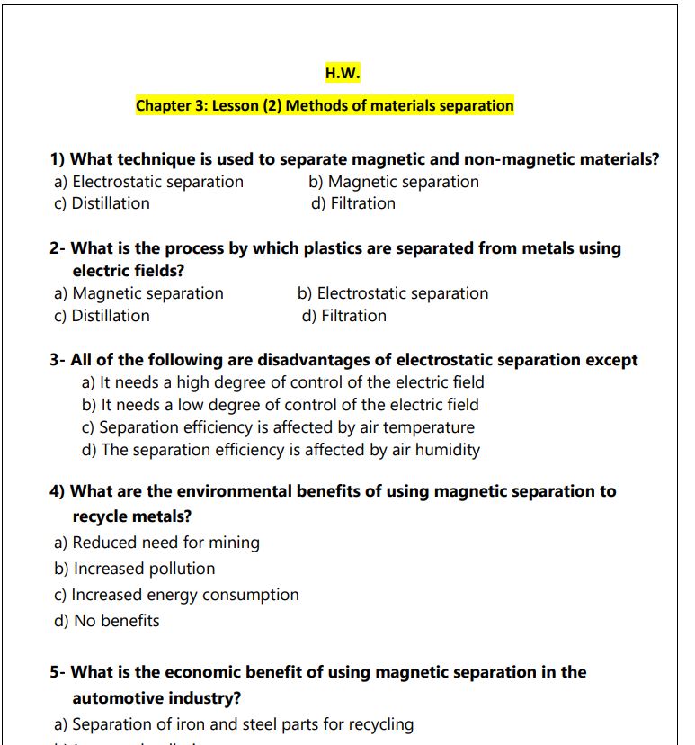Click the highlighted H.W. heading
(x=343, y=73)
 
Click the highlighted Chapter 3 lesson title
(x=325, y=105)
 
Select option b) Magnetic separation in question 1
(x=394, y=182)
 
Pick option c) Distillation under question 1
(x=102, y=203)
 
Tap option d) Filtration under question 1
(x=353, y=203)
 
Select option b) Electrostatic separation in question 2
(x=393, y=293)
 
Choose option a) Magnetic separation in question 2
(x=139, y=293)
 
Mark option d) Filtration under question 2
(x=344, y=316)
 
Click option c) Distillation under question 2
(x=102, y=316)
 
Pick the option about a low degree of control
(x=280, y=405)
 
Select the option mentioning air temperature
(x=278, y=427)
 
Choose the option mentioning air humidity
(x=281, y=450)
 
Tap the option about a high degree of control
(x=282, y=382)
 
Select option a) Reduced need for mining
(x=157, y=543)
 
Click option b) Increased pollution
(x=135, y=569)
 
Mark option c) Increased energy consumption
(x=177, y=595)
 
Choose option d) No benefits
(x=107, y=621)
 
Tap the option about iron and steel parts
(x=234, y=724)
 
